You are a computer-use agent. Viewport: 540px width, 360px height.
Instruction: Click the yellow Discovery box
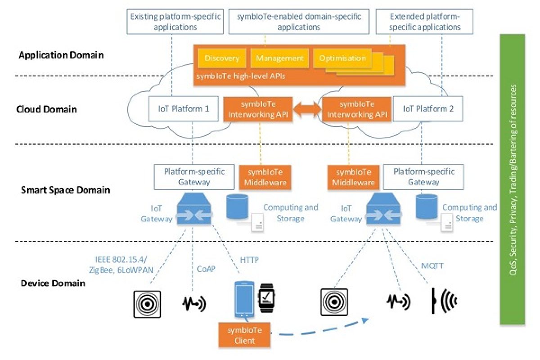point(222,58)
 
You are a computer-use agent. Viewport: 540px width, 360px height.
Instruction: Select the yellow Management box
point(280,58)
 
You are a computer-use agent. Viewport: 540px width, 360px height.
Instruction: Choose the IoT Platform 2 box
point(428,109)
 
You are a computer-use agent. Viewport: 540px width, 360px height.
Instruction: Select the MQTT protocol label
point(433,266)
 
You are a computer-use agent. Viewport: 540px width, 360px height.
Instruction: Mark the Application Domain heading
point(61,56)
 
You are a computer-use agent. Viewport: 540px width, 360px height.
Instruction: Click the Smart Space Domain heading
point(66,190)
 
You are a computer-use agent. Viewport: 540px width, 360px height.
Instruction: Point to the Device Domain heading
point(53,283)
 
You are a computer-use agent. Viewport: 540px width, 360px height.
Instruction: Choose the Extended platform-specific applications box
point(418,22)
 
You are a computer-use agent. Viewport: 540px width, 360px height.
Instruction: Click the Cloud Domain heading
point(46,109)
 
